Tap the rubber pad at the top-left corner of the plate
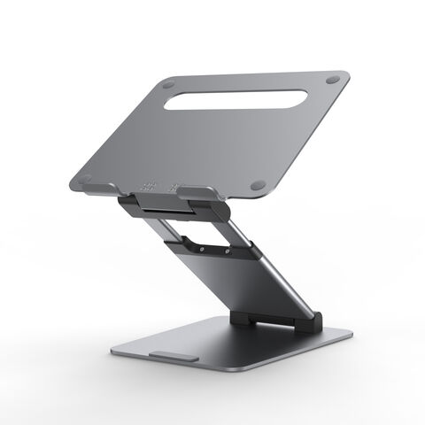(x=168, y=85)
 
